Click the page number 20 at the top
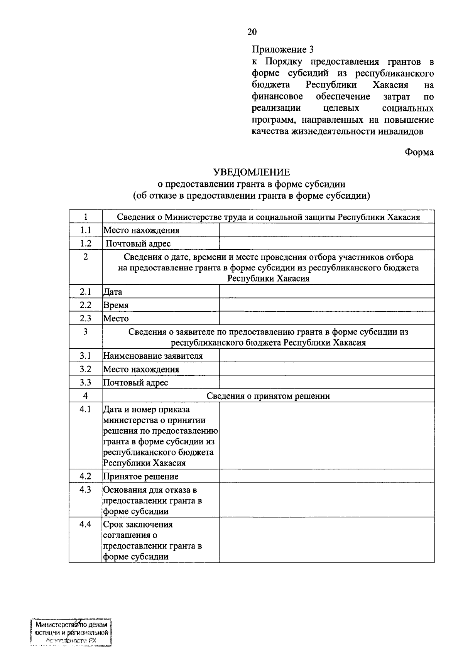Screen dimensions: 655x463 click(x=252, y=32)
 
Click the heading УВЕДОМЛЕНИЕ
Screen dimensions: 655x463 click(x=252, y=172)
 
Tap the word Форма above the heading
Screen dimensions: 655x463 click(x=419, y=152)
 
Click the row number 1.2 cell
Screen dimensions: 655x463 click(x=85, y=243)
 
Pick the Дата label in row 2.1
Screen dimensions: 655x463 click(x=113, y=292)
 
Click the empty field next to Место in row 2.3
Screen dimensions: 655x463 click(x=326, y=318)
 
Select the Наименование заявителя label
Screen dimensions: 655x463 click(x=153, y=356)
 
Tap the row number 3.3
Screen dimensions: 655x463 click(x=85, y=382)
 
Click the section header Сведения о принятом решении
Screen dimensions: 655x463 click(x=268, y=396)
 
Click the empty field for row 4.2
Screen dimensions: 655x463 click(x=326, y=476)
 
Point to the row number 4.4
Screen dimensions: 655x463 click(x=85, y=524)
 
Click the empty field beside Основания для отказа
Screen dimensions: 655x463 click(x=326, y=500)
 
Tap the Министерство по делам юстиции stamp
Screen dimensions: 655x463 click(x=71, y=633)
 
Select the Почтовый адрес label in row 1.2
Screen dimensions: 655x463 click(x=138, y=243)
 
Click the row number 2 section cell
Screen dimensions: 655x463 click(x=85, y=257)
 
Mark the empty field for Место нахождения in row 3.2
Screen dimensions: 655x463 click(x=326, y=369)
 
